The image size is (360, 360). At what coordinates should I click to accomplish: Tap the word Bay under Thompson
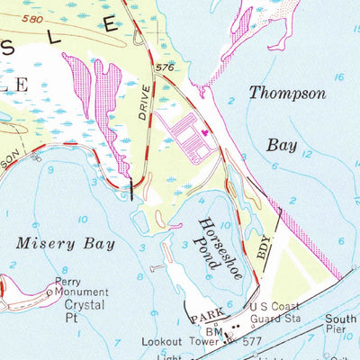[x=281, y=145]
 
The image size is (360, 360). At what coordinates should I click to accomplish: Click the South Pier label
[x=344, y=324]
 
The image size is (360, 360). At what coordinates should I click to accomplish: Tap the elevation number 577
[x=251, y=342]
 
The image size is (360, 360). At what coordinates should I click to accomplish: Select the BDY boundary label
[x=262, y=249]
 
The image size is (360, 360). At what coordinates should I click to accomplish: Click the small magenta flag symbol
[x=205, y=133]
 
